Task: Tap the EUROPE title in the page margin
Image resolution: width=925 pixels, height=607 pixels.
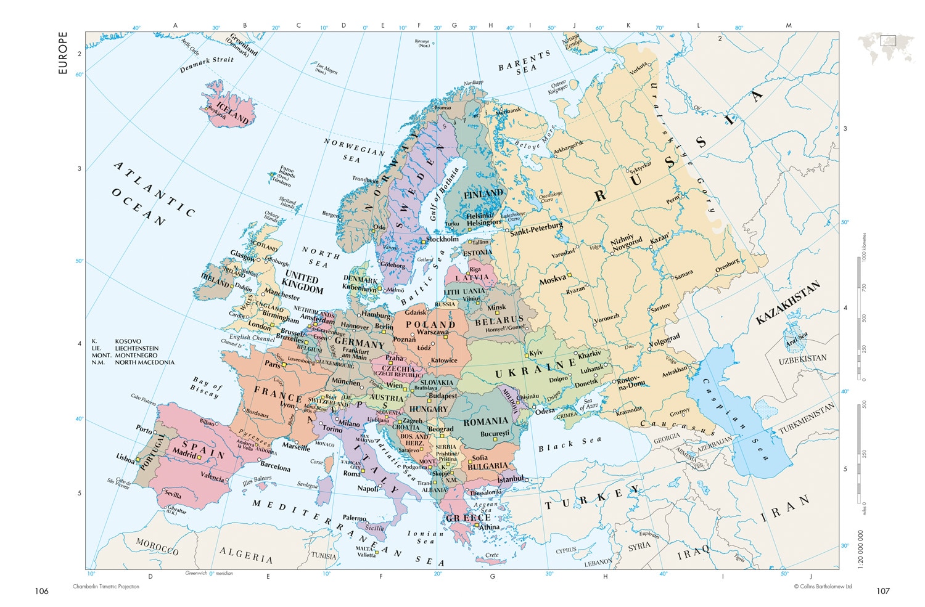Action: tap(62, 53)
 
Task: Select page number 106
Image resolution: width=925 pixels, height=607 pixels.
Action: tap(41, 591)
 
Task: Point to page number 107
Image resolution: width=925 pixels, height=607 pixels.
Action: tap(883, 591)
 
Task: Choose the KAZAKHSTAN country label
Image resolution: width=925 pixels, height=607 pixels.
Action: tap(788, 302)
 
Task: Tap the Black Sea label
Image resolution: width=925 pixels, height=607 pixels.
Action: tap(570, 444)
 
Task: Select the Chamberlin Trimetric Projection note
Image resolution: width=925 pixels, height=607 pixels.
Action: tap(106, 587)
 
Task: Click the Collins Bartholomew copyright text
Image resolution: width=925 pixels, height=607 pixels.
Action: tap(823, 587)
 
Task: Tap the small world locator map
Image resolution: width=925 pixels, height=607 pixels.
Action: tap(886, 48)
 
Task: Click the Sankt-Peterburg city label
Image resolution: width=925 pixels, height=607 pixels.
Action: tap(536, 229)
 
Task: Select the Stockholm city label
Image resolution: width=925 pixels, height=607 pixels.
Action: tap(442, 239)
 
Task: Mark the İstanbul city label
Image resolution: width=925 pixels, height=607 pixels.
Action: tap(511, 479)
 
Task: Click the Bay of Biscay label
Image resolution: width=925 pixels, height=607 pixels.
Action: tap(206, 387)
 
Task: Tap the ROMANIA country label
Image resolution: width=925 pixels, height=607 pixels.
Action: tap(486, 422)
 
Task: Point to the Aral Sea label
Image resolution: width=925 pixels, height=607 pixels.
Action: tap(796, 338)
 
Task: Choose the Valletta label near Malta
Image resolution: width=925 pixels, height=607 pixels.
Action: tap(366, 555)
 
